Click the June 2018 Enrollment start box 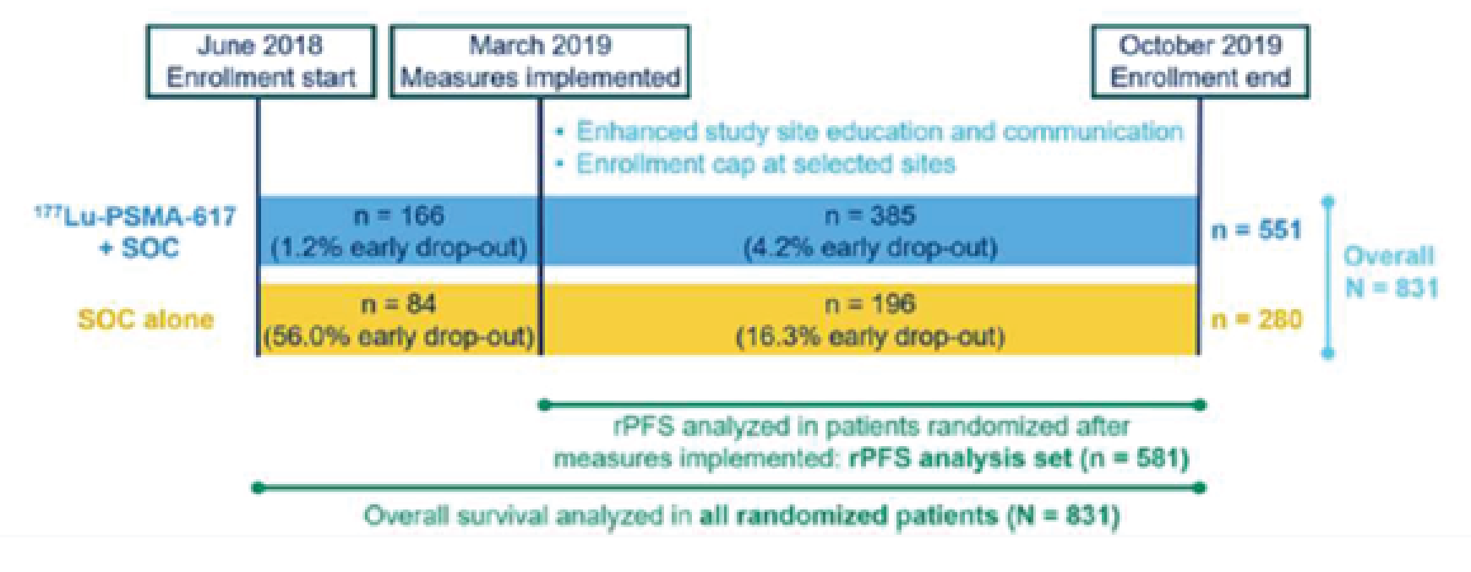260,61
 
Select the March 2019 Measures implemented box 540,61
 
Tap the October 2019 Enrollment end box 1200,61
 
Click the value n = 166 399,216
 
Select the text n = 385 870,216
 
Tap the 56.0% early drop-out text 399,336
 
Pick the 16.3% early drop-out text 870,336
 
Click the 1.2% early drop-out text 399,248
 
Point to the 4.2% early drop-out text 870,248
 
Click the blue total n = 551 1256,230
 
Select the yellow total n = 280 1256,319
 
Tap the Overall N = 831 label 1390,272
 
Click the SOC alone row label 145,319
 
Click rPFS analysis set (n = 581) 1018,459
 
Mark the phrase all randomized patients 848,515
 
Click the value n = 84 399,304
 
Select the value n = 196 870,304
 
